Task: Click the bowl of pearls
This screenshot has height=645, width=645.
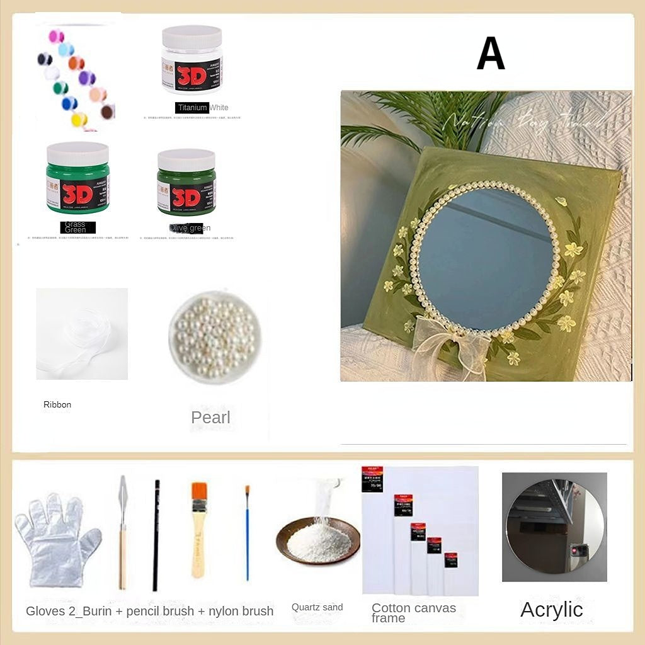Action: pos(212,338)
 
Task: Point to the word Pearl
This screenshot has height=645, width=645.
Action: pos(210,417)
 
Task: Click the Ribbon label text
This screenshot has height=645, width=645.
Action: pos(57,404)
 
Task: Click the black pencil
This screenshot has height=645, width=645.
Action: pos(156,535)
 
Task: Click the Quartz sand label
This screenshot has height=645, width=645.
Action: pos(317,607)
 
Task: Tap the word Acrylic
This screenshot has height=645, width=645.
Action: pos(551,609)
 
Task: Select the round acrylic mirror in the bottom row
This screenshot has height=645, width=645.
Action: pos(554,527)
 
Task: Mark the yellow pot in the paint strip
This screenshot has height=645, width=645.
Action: pos(79,119)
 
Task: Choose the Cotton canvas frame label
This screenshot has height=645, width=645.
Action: pos(413,613)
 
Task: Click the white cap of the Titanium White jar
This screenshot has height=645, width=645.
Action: pos(191,37)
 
